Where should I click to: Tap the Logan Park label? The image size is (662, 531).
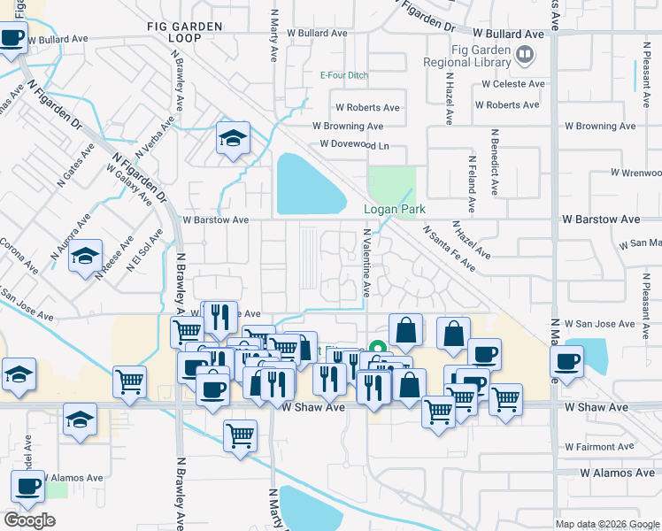point(395,210)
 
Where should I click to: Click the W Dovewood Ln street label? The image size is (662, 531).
point(355,143)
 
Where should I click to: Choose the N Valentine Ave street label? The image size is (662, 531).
point(366,264)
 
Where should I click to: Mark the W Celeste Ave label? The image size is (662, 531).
point(512,84)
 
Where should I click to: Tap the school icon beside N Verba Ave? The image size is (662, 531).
point(233,138)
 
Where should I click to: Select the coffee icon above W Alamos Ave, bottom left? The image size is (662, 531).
point(27,486)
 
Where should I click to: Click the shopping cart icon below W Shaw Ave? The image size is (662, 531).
point(241,436)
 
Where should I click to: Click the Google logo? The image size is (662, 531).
point(30,520)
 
